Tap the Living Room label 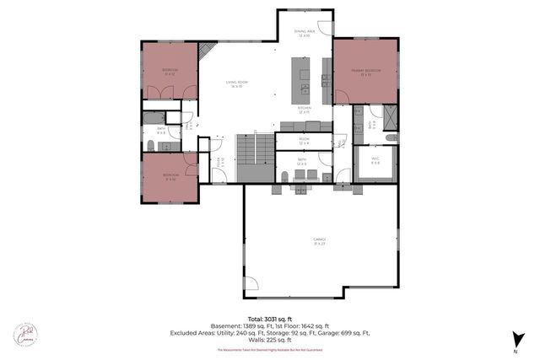tap(235, 83)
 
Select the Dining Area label tap(304, 34)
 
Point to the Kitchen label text tap(305, 110)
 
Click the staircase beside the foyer tap(253, 159)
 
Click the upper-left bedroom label tap(169, 72)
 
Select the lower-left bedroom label tap(170, 178)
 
